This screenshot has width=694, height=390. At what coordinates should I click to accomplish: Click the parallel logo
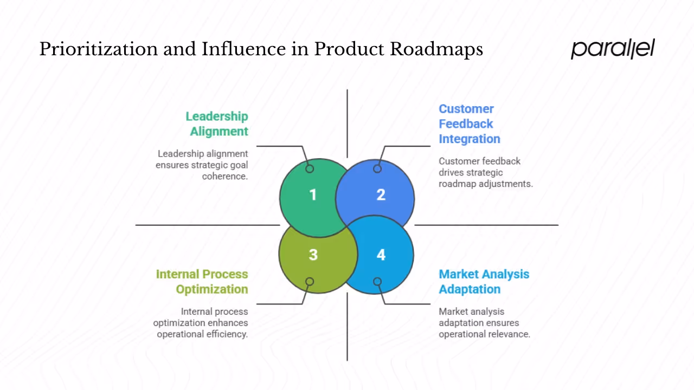pyautogui.click(x=613, y=49)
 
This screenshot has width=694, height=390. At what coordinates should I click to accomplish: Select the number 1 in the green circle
pyautogui.click(x=313, y=195)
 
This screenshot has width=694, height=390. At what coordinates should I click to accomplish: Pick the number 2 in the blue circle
pyautogui.click(x=381, y=195)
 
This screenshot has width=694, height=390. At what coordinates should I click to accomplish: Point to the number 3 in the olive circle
pyautogui.click(x=313, y=255)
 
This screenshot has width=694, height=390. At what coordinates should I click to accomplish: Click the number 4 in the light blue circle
pyautogui.click(x=381, y=255)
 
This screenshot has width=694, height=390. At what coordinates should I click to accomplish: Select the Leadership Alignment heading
pyautogui.click(x=217, y=123)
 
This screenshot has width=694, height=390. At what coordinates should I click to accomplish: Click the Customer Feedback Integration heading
pyautogui.click(x=469, y=123)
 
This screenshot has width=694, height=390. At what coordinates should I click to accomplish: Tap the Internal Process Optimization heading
pyautogui.click(x=202, y=282)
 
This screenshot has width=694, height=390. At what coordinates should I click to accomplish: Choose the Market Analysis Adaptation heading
pyautogui.click(x=484, y=282)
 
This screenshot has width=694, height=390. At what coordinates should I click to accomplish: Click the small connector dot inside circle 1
pyautogui.click(x=310, y=168)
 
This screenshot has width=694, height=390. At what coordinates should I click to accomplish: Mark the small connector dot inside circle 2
pyautogui.click(x=377, y=168)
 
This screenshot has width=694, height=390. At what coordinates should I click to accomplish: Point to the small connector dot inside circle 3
pyautogui.click(x=310, y=282)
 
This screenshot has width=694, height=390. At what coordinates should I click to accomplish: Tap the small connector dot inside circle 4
pyautogui.click(x=377, y=282)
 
